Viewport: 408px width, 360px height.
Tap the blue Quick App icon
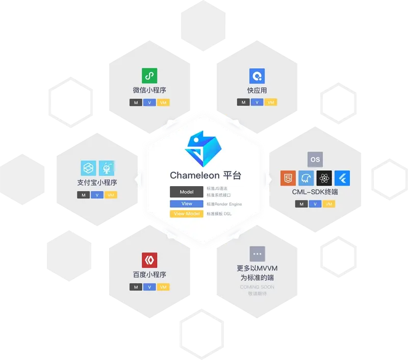(x=257, y=76)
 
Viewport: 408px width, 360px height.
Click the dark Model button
(x=187, y=192)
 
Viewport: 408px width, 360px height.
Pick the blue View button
(x=187, y=203)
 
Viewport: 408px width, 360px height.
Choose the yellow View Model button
(x=187, y=214)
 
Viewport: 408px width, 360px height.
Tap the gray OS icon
(x=315, y=160)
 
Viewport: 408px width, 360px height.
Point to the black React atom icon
(x=324, y=178)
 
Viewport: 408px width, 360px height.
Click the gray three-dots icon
(x=257, y=254)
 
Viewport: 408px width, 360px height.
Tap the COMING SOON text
(x=257, y=287)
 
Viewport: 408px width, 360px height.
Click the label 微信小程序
(x=149, y=90)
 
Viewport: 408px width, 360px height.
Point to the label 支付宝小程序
(x=97, y=182)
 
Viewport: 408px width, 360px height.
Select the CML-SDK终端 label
(x=315, y=192)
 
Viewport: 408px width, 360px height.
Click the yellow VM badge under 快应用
(x=271, y=102)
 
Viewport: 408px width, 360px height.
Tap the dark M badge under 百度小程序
(x=136, y=287)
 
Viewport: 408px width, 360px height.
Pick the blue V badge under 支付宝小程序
(x=97, y=195)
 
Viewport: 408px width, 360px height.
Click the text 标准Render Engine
(x=224, y=204)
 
